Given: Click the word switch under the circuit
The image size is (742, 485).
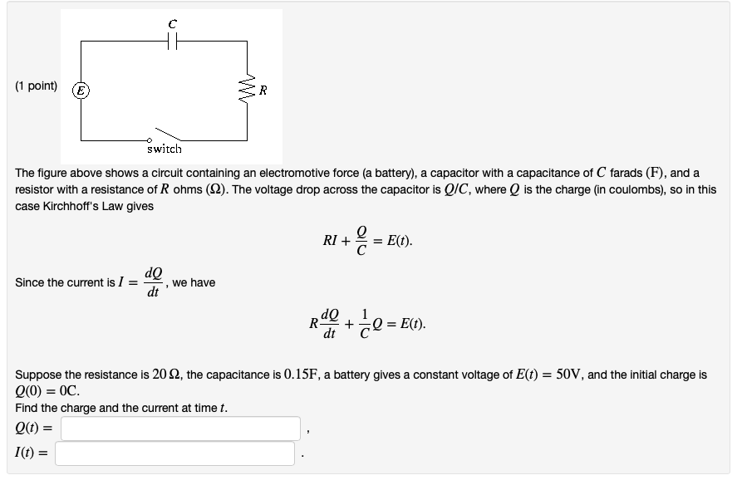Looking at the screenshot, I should point(164,149).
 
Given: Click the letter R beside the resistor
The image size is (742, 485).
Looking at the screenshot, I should point(263,90).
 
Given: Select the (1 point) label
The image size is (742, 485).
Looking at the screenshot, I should point(37,86).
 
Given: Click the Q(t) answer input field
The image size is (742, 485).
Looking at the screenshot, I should point(180,429).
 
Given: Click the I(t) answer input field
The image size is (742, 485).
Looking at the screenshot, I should point(175,453).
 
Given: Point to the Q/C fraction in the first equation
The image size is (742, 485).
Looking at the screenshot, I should point(361,242).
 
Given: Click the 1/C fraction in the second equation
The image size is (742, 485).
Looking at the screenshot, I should point(366,325).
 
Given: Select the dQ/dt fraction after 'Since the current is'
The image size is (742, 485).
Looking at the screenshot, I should point(153,282).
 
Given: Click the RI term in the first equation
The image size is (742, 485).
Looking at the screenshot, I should point(330,242).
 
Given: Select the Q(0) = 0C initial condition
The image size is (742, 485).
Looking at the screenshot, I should point(47,391).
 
